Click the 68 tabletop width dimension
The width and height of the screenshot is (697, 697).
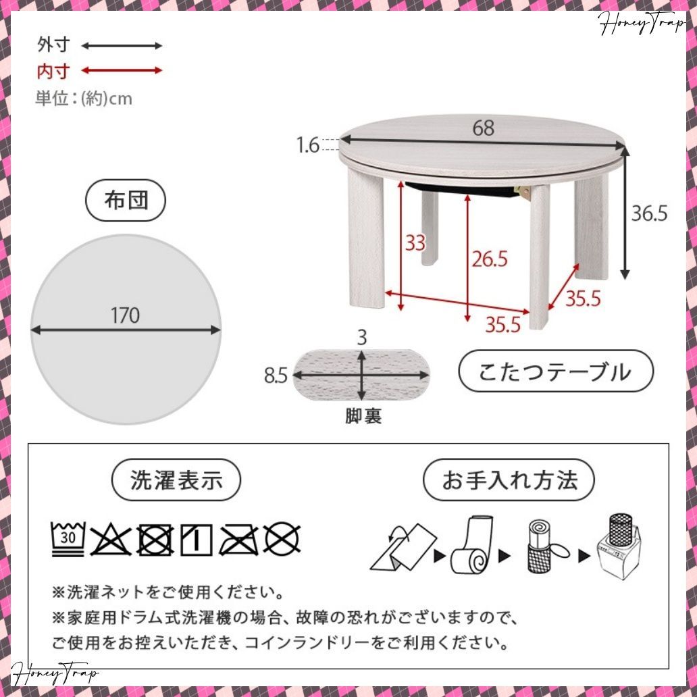coord(483,128)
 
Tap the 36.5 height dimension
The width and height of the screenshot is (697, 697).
coord(649,213)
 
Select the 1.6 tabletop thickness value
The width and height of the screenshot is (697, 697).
coord(308,145)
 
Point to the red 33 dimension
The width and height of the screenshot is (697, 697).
coord(415,242)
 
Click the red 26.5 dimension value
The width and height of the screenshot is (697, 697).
coord(489,259)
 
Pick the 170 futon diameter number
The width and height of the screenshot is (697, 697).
coord(126,315)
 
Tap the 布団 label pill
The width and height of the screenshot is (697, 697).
coord(126,201)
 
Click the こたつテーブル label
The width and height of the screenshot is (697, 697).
coord(555,371)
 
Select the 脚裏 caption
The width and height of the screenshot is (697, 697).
coord(363,417)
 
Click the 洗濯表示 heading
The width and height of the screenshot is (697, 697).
coord(176,480)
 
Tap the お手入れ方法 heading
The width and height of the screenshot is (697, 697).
coord(509,480)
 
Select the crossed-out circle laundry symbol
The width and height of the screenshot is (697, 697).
coord(282,539)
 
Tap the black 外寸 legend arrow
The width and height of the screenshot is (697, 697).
coord(122,46)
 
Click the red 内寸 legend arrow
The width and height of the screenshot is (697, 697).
coord(122,70)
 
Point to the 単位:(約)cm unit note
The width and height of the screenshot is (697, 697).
coord(84,99)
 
